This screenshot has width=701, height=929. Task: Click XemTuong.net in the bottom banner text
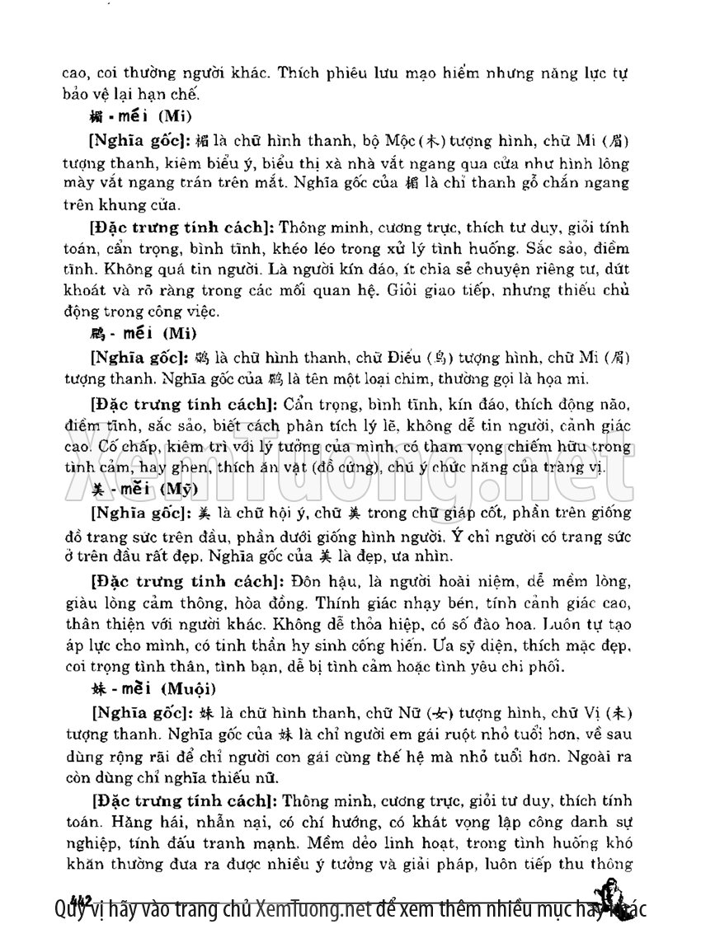coord(311,909)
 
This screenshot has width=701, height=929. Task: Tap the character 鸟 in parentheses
coord(439,358)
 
